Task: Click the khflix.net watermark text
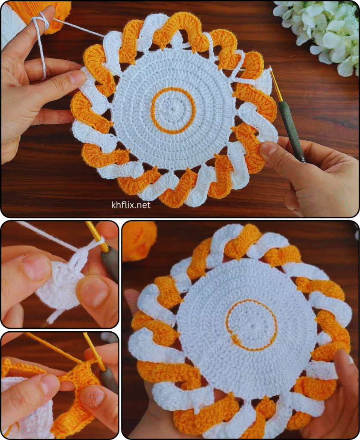tap(131, 205)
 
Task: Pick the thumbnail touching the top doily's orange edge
tap(269, 149)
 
